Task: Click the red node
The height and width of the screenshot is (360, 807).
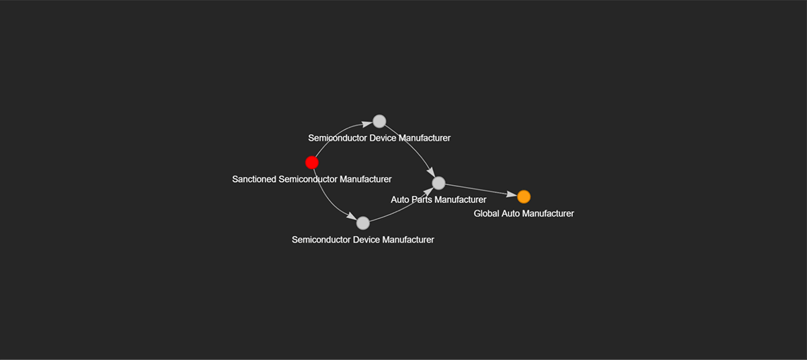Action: [312, 162]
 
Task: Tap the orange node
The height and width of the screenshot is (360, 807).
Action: [524, 196]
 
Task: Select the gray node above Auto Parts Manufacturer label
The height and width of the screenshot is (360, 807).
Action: [438, 183]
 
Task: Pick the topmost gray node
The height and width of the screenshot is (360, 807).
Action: [379, 121]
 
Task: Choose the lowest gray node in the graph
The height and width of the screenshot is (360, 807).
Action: [363, 223]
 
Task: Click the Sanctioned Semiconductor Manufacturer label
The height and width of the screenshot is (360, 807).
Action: [311, 179]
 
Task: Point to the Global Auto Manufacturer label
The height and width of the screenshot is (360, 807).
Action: [524, 213]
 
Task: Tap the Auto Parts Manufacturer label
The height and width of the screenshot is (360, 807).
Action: [438, 200]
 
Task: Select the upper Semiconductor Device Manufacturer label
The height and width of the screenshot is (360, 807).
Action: [379, 138]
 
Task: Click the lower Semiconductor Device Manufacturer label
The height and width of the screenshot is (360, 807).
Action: [362, 240]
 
